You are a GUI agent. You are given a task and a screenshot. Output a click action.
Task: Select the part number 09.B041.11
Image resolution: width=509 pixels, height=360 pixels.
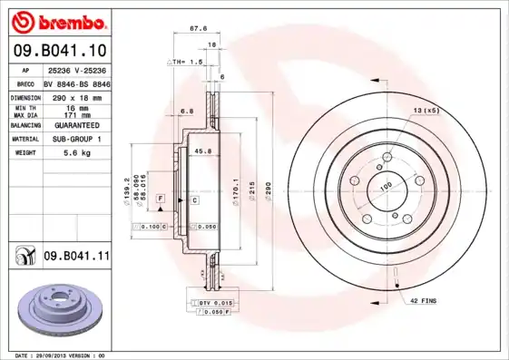pos(75,258)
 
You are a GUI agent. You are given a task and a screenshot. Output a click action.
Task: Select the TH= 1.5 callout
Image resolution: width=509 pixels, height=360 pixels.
pos(187,61)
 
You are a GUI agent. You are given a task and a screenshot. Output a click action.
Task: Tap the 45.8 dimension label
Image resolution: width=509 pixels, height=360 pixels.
pos(203,151)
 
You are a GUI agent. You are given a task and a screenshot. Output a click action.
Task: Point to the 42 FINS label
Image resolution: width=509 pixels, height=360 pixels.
pos(424,300)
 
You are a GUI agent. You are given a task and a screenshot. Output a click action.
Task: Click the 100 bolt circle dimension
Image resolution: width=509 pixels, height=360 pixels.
pos(385,185)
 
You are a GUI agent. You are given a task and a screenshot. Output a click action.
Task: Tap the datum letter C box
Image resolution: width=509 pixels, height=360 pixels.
pos(194,198)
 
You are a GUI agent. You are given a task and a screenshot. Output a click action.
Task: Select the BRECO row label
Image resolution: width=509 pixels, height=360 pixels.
pos(25,83)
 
